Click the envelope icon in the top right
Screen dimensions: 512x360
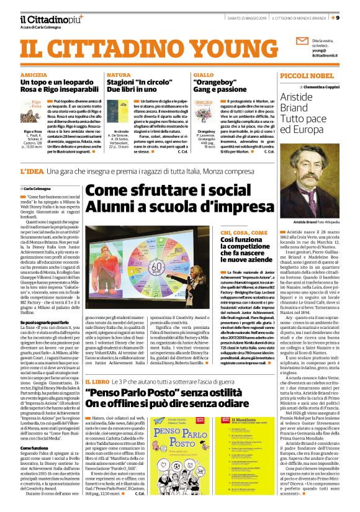pos(303,41)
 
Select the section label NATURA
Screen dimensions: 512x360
pos(117,74)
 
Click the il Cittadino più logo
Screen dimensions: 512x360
pos(43,17)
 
